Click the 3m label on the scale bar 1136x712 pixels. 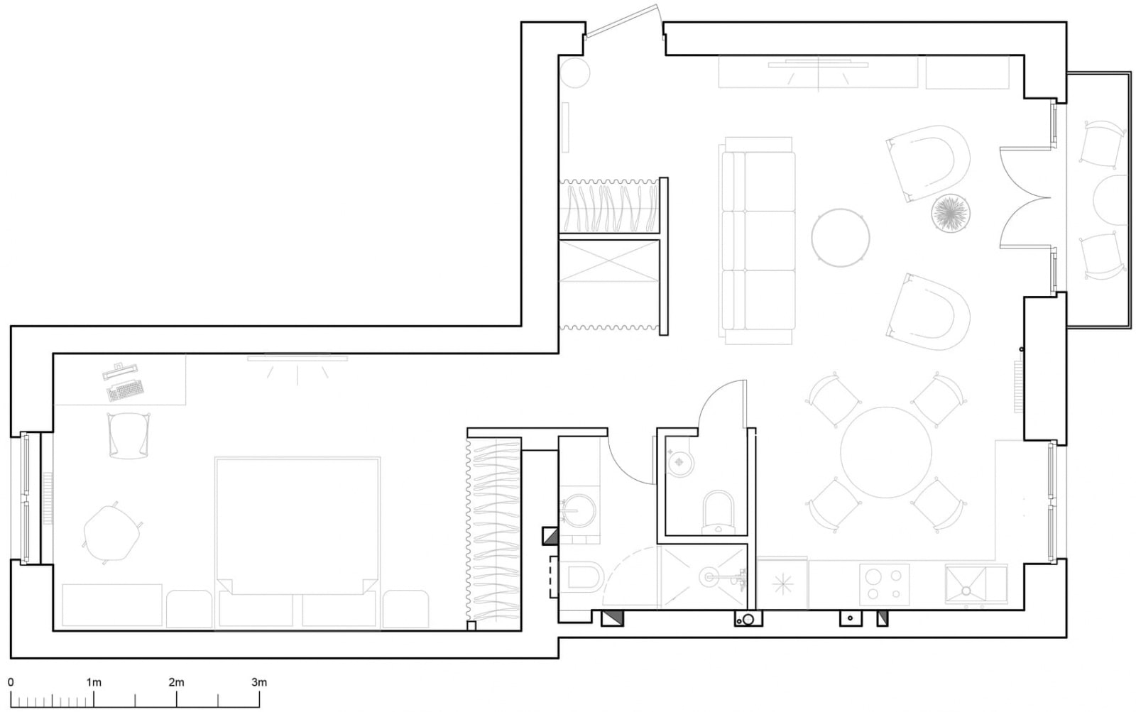click(259, 682)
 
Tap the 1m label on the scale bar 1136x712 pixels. click(94, 682)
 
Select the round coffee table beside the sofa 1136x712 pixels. click(841, 237)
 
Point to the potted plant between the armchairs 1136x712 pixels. click(951, 214)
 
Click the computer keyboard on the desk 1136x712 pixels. click(125, 390)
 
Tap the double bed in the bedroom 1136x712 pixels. click(297, 542)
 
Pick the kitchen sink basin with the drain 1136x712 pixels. click(966, 585)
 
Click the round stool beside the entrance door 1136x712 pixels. click(574, 73)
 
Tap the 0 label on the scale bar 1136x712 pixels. click(11, 682)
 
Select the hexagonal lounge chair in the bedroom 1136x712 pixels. click(111, 532)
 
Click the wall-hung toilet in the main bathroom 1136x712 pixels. click(581, 577)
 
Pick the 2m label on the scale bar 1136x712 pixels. click(177, 682)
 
